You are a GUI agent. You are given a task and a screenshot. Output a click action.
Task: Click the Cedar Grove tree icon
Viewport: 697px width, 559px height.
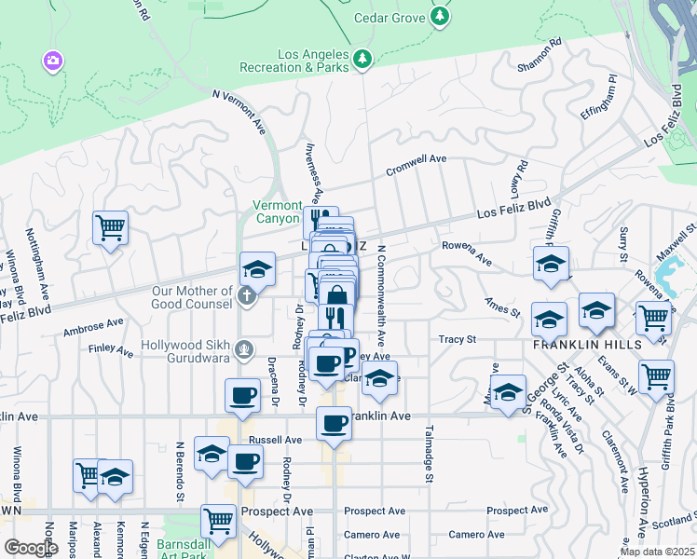[440, 17]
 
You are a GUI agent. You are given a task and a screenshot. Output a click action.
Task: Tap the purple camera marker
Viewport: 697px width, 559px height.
[53, 61]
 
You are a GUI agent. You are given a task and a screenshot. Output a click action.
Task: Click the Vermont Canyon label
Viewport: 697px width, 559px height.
[278, 211]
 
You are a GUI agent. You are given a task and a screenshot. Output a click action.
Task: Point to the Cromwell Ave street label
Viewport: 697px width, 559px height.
[417, 165]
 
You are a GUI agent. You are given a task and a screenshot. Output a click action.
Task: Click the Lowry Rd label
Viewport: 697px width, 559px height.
[517, 179]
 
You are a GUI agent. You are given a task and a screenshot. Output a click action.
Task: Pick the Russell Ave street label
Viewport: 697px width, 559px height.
[275, 439]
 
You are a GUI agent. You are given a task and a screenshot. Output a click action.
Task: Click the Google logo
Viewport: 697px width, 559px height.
[30, 548]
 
